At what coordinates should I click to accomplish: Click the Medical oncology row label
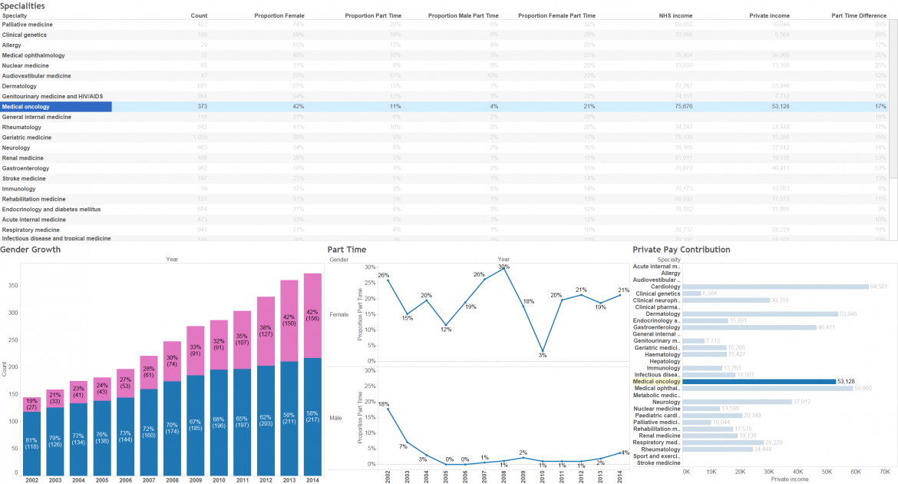27,107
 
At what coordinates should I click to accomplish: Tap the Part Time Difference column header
859,15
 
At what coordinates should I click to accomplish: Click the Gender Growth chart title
31,250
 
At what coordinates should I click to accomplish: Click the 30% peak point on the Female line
503,268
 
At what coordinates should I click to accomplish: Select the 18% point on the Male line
388,408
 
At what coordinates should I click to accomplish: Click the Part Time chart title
346,250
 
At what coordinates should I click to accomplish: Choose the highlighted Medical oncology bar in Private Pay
758,381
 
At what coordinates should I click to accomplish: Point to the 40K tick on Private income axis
798,471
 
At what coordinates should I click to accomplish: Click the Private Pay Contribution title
681,250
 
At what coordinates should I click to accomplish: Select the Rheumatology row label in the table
21,127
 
